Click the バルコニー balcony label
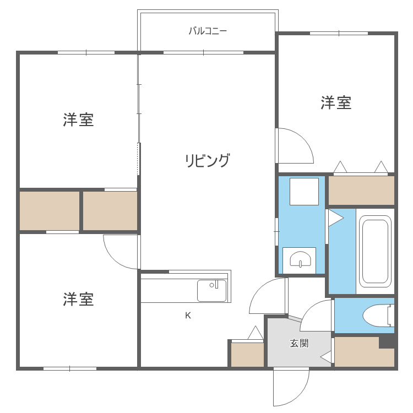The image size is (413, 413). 208,31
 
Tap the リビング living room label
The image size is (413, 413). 207,161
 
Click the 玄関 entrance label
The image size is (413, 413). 300,344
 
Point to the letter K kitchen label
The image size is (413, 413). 188,316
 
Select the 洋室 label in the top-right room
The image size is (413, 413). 336,102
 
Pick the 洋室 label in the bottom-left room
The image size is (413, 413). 78,299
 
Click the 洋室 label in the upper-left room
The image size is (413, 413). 78,119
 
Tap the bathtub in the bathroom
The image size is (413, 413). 374,251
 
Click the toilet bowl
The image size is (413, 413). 374,315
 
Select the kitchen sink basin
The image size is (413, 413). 211,291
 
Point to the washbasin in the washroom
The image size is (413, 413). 300,259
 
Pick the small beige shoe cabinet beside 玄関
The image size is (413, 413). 247,354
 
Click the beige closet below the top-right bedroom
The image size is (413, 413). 361,190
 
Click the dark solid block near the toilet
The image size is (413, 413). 387,341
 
